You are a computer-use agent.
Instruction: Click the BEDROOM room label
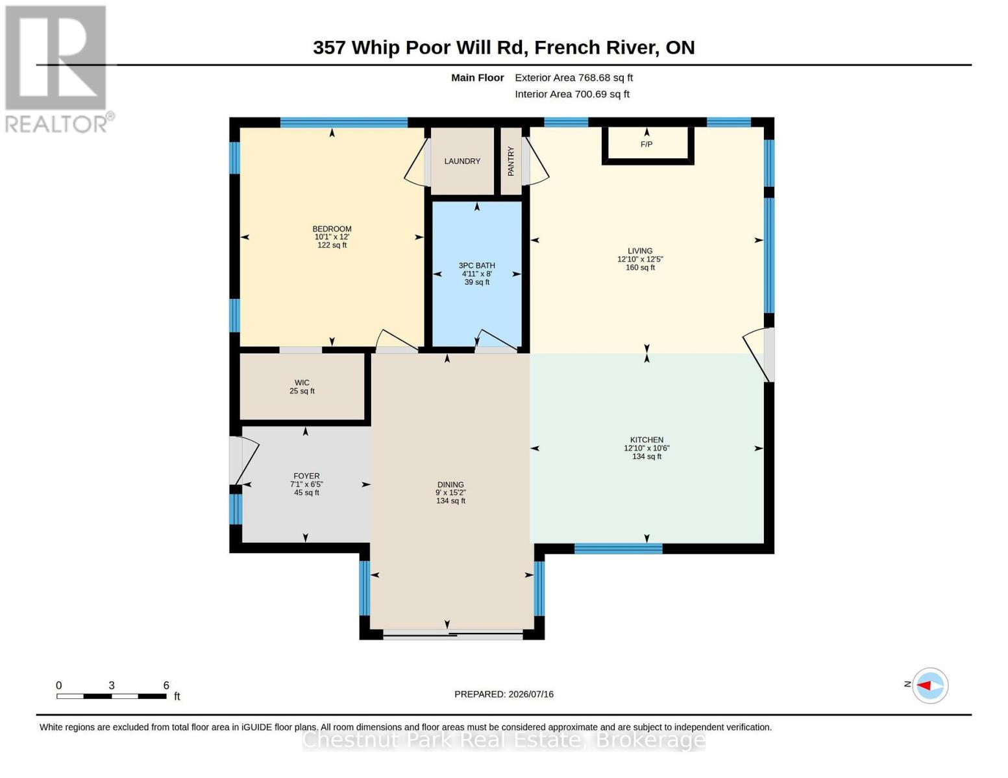tap(332, 229)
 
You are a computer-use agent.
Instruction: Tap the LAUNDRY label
tap(462, 161)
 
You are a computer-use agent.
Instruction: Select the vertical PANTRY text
tap(511, 161)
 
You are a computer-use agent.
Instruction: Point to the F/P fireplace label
tap(646, 145)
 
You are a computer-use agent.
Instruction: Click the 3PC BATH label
tap(477, 266)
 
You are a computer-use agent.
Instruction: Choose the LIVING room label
tap(640, 251)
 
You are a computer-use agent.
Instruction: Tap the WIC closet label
tap(302, 383)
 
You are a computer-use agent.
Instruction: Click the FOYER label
tap(306, 476)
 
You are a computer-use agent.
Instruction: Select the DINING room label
tap(450, 485)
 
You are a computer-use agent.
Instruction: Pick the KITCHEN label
tap(646, 440)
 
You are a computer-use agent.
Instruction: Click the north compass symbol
tap(929, 685)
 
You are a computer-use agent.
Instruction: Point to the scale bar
tap(112, 696)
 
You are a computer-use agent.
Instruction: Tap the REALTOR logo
tap(58, 69)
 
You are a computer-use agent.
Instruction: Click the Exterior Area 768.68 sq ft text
tap(574, 78)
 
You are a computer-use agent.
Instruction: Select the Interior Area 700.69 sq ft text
tap(572, 94)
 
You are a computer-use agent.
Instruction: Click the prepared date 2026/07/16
tap(531, 694)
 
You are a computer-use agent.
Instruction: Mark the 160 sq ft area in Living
tap(640, 267)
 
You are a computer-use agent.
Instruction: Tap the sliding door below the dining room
tap(453, 635)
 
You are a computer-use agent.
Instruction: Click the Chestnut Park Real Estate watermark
tap(504, 740)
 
